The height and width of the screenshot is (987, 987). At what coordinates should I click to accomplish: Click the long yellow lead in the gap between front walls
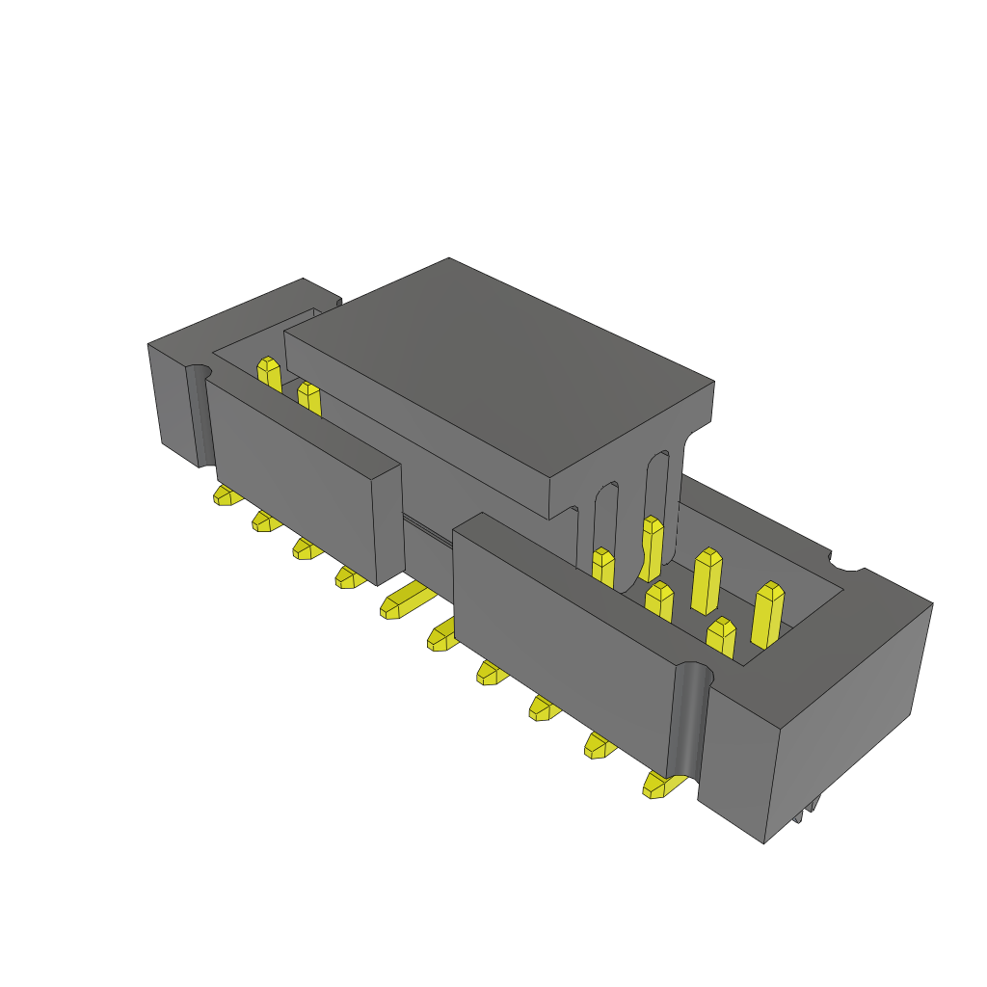click(407, 600)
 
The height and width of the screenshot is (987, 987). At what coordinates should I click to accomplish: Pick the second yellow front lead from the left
click(265, 521)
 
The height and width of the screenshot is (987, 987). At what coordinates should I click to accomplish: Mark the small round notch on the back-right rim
click(845, 559)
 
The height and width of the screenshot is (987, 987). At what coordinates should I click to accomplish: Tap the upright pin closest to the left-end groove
click(269, 374)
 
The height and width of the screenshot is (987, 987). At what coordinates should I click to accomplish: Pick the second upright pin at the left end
click(308, 396)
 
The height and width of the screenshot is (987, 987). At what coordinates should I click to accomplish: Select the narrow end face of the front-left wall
click(388, 524)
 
